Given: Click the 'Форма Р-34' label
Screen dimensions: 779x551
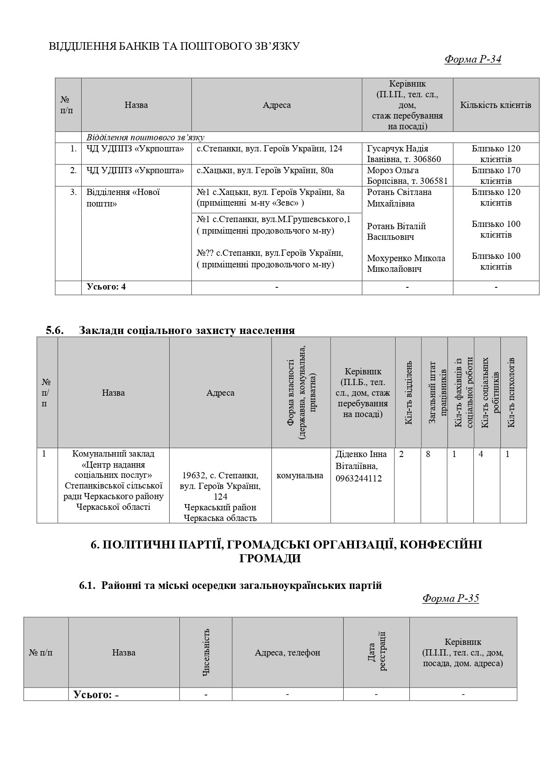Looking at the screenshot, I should [472, 60].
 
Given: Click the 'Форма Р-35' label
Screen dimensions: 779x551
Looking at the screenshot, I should [450, 598].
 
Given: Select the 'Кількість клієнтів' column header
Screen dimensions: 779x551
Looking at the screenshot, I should [496, 105].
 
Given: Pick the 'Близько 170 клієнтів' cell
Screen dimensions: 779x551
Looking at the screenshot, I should [496, 175].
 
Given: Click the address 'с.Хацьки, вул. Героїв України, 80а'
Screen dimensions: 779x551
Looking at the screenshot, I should [265, 171].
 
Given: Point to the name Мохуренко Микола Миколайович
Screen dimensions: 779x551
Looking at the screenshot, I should [406, 263].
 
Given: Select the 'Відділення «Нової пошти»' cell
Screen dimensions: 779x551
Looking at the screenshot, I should [123, 198].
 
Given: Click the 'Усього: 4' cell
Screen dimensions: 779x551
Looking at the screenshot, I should [106, 287].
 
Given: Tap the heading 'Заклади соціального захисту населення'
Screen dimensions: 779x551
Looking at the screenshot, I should [186, 330].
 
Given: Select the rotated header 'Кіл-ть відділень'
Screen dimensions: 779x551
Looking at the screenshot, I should [408, 393].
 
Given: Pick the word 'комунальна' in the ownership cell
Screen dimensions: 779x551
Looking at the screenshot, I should [300, 476].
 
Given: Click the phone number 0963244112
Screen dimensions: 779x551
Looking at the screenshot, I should [359, 479].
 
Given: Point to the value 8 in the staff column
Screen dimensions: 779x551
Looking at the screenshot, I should [428, 454].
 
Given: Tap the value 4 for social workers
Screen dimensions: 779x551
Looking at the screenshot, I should [481, 454].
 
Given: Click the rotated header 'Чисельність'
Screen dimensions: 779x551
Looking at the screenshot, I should [206, 652].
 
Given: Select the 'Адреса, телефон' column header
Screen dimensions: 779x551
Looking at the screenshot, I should [287, 652].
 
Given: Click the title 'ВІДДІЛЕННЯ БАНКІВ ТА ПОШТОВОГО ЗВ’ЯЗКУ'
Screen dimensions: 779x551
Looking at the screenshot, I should [174, 46].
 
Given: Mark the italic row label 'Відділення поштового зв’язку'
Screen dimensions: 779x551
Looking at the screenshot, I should [145, 137].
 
